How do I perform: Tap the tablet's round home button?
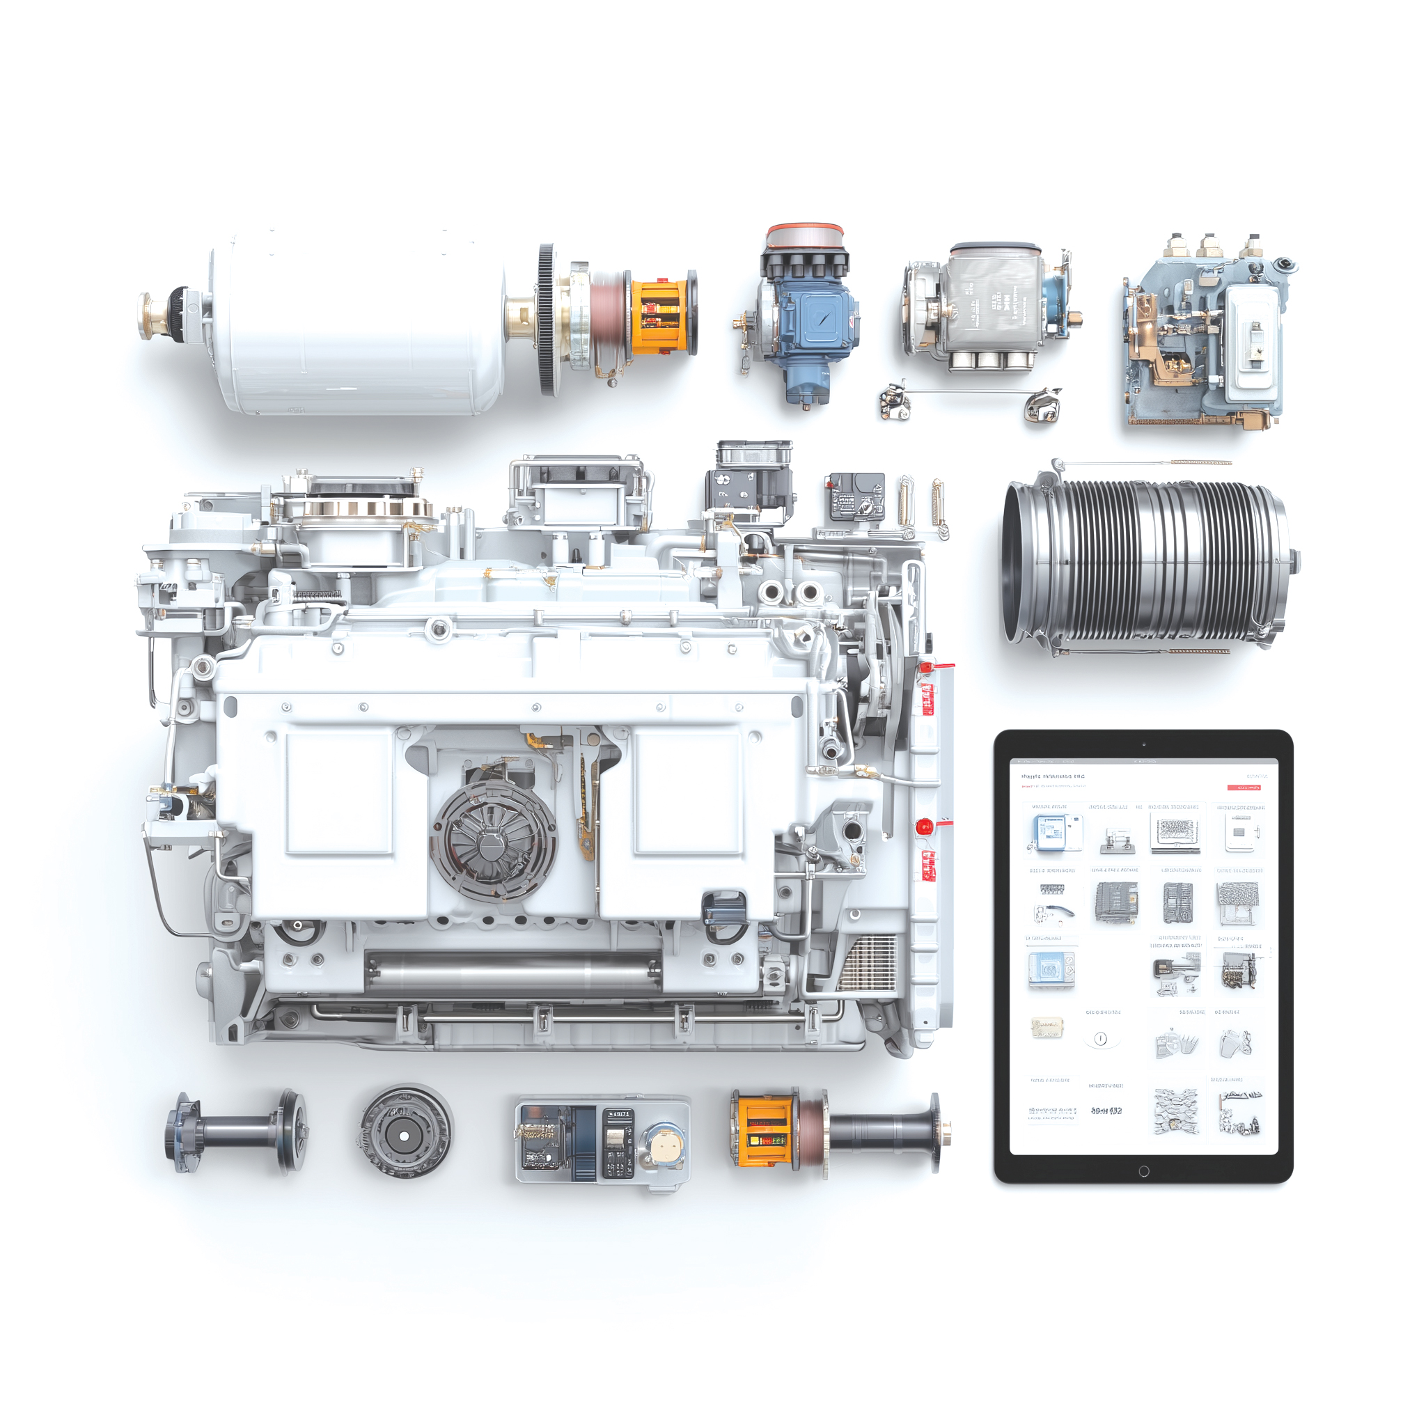pyautogui.click(x=1143, y=1171)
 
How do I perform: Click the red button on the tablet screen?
pyautogui.click(x=1243, y=788)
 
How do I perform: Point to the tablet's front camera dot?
pyautogui.click(x=1143, y=744)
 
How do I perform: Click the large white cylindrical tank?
pyautogui.click(x=361, y=324)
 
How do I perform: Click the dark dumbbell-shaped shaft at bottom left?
pyautogui.click(x=236, y=1131)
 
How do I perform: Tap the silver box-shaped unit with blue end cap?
pyautogui.click(x=993, y=306)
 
